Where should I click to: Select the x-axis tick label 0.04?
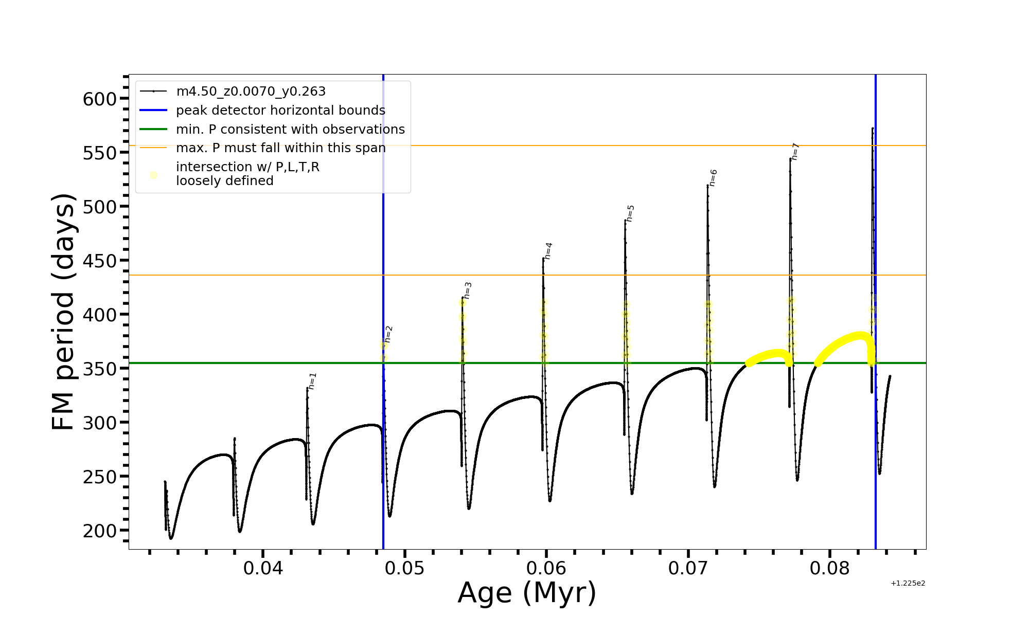pyautogui.click(x=263, y=568)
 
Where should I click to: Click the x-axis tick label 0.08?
pyautogui.click(x=829, y=568)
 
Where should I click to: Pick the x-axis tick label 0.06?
pyautogui.click(x=546, y=568)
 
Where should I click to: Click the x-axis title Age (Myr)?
pyautogui.click(x=527, y=593)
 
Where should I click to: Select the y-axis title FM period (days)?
pyautogui.click(x=64, y=312)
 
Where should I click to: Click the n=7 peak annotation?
pyautogui.click(x=795, y=152)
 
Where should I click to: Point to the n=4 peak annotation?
pyautogui.click(x=548, y=251)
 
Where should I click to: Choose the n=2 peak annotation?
pyautogui.click(x=389, y=334)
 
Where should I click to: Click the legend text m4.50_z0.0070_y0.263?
pyautogui.click(x=251, y=92)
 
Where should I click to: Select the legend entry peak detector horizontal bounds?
pyautogui.click(x=280, y=111)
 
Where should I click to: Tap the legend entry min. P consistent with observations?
pyautogui.click(x=290, y=129)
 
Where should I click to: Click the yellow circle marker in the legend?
pyautogui.click(x=153, y=175)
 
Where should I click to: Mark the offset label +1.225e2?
pyautogui.click(x=908, y=584)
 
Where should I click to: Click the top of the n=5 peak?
pyautogui.click(x=625, y=220)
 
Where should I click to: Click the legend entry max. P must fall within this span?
pyautogui.click(x=280, y=148)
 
